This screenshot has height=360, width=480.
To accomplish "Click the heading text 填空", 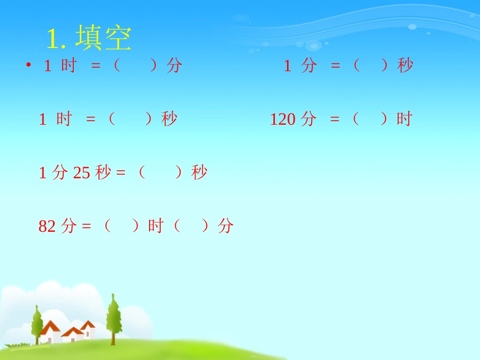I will coord(104,38).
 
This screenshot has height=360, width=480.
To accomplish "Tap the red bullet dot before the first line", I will coord(29,65).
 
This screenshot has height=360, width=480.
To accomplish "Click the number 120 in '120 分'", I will coord(282,120).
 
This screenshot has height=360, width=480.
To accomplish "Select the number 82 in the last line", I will coord(47,227).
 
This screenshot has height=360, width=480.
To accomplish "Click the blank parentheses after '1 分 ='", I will coord(371,66).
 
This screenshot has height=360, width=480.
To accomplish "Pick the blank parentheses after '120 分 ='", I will coord(371,120).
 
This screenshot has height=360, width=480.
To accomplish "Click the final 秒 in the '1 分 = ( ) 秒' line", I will coord(405,66).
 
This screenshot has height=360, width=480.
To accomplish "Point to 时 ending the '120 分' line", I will coord(404,120).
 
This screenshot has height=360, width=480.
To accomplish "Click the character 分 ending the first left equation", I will coord(174,66).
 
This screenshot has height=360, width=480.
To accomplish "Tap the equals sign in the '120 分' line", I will coord(334,120).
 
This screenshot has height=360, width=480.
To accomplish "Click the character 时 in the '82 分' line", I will coord(156,227).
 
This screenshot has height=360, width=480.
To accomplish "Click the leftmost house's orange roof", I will coord(50,327).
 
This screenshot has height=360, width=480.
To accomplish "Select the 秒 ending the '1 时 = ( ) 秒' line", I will coord(169,120).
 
